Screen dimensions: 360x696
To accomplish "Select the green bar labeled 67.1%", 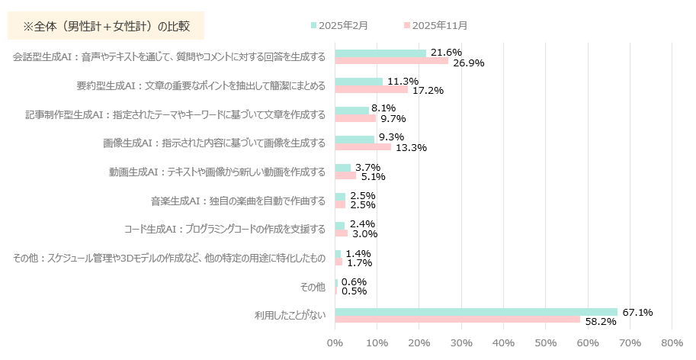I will [476, 312].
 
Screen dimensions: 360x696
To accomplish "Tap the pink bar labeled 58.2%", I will [457, 320].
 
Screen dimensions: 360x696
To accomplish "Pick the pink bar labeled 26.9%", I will [392, 61].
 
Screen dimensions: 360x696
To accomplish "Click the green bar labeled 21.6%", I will [380, 53].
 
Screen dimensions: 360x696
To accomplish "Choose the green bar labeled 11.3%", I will [359, 82].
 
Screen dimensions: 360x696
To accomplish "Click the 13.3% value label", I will [411, 147].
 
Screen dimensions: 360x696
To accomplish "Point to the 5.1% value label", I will [373, 176].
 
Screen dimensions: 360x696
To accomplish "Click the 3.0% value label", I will [364, 233].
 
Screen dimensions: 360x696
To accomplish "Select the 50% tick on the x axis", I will [545, 345].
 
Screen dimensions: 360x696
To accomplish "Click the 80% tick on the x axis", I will [672, 345].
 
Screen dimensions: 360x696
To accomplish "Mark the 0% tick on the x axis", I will [335, 345].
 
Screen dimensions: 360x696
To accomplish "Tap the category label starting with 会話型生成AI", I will [169, 57].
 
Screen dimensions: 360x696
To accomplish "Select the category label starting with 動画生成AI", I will [217, 172].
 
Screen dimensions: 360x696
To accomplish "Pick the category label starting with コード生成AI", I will [224, 229].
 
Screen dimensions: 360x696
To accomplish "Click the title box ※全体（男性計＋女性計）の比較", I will [106, 26].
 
